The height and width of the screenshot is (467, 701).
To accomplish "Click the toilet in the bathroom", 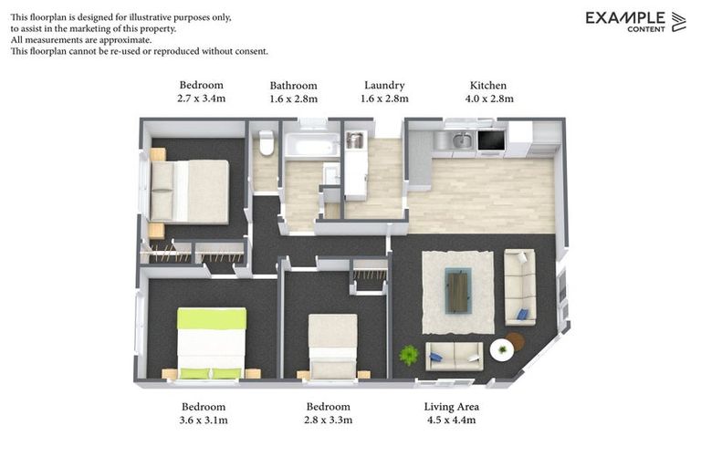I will point(267,143).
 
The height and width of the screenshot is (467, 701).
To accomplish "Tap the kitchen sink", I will point(462,140).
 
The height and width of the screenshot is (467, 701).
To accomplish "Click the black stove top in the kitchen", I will point(490,140).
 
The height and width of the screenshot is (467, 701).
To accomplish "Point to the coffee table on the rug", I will point(457,291).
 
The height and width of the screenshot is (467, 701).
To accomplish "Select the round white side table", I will point(501,349).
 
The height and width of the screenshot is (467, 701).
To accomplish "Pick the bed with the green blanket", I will point(211,342).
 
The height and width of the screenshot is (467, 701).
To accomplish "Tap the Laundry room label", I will point(384,86).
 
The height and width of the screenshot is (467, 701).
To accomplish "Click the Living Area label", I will point(451,407).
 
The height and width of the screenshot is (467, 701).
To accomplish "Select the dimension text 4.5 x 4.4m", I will point(451,420).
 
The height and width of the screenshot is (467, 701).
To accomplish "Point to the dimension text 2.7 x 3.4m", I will point(202,99).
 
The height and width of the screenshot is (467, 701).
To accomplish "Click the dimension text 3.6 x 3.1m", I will point(204,420).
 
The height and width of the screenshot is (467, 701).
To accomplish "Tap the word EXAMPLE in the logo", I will point(625,17).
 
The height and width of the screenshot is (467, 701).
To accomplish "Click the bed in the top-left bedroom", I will point(191,192).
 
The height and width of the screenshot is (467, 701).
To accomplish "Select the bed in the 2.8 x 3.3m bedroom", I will point(332,346).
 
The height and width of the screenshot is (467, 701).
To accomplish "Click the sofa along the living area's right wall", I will point(519,285).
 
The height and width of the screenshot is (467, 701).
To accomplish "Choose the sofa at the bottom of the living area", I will point(454,356).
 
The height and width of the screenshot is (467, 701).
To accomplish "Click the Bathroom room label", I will point(293,86).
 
